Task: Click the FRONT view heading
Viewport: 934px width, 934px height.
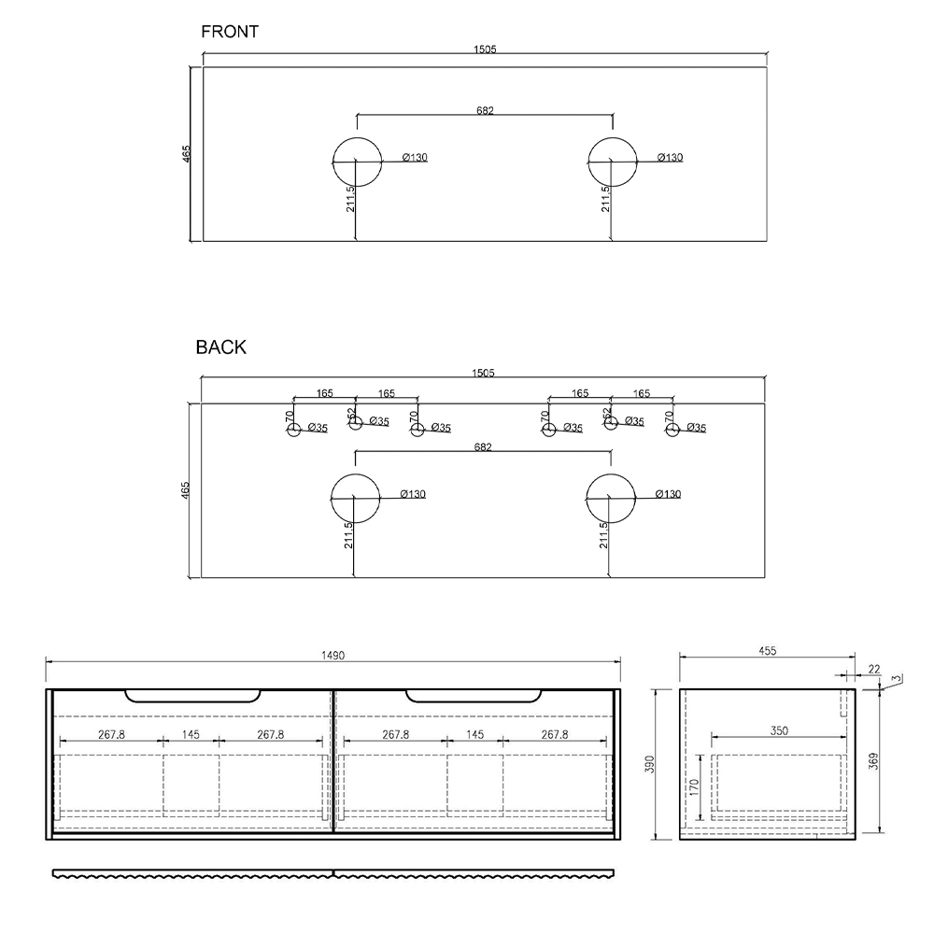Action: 230,32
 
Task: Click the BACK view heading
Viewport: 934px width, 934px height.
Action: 221,347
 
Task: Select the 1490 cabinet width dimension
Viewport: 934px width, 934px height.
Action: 333,656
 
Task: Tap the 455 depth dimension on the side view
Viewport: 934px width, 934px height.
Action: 768,651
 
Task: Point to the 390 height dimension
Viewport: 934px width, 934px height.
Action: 650,764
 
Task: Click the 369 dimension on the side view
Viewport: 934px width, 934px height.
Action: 874,760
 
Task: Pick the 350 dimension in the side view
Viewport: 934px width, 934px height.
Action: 779,730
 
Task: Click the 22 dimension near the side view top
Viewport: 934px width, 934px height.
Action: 874,670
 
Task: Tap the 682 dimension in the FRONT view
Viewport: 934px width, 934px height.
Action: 485,111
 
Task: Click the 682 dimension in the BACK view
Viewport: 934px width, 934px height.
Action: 483,447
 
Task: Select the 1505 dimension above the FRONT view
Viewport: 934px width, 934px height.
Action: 485,50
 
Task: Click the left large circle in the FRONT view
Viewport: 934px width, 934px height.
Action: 357,137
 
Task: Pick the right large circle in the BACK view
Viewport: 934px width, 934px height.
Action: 611,474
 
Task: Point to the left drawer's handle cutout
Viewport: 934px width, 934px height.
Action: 193,701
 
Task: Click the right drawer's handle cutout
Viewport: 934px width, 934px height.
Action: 474,701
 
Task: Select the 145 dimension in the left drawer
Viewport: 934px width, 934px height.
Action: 191,735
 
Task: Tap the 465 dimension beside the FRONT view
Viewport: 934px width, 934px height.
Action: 187,154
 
